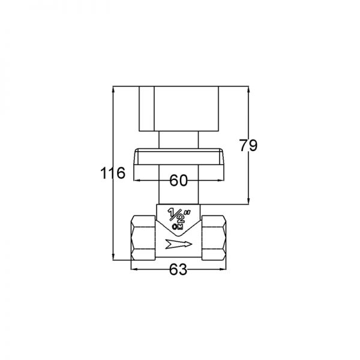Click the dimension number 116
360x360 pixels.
tap(113, 173)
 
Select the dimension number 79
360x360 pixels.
tap(248, 145)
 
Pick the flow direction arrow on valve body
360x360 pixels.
tap(179, 244)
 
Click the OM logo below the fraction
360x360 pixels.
tap(178, 227)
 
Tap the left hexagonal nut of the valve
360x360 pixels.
tap(143, 238)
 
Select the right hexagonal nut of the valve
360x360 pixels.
tap(214, 238)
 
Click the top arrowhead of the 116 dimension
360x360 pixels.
tap(113, 89)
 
